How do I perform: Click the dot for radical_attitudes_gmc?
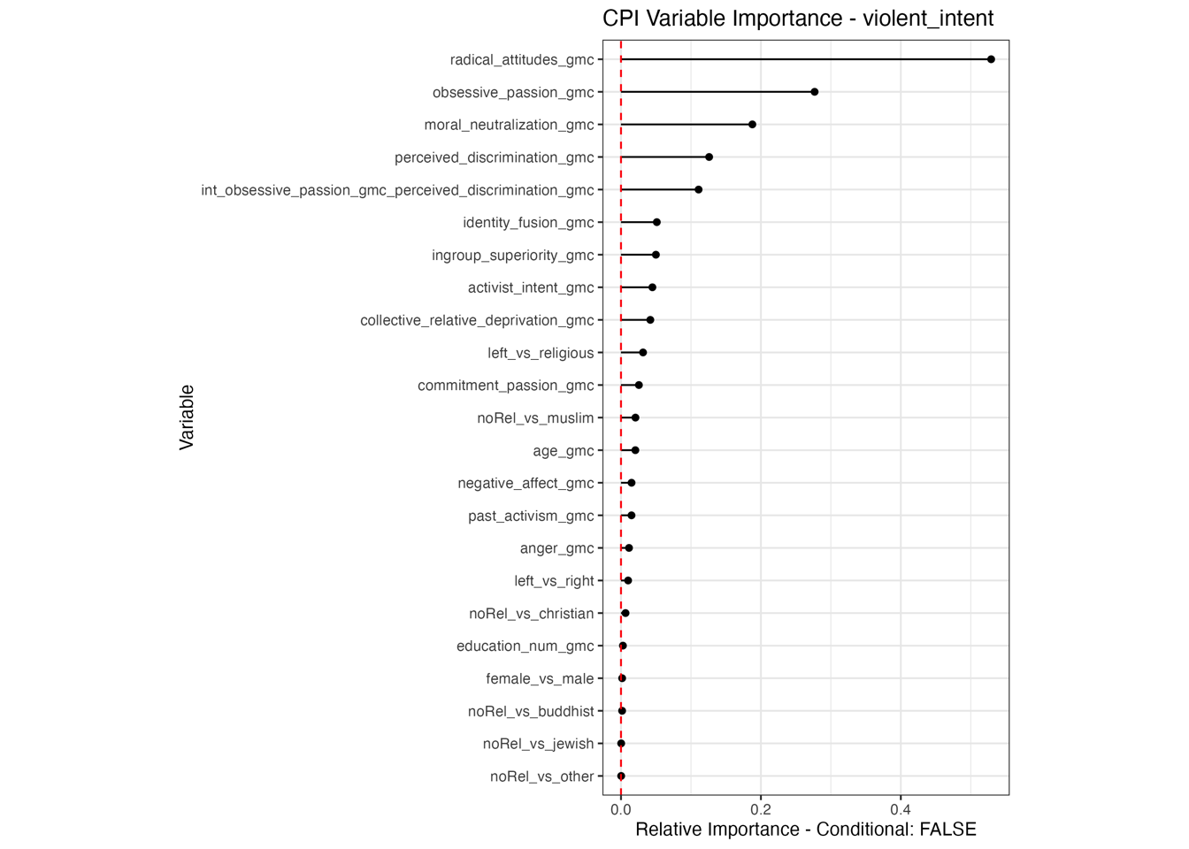pos(991,59)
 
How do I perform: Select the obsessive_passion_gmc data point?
pos(815,92)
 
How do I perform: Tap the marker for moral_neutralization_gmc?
pos(752,125)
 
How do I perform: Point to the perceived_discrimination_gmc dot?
pos(709,157)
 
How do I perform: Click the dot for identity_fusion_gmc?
pos(656,223)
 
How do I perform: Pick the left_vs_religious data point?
pos(643,353)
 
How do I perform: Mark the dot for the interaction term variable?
pos(698,190)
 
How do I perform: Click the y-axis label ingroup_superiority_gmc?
pos(512,256)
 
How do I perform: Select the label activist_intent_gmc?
pos(531,288)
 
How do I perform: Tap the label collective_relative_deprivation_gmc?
pos(477,320)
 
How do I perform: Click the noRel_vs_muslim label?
pos(535,418)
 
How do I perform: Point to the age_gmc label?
pos(563,451)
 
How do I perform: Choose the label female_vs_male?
pos(540,679)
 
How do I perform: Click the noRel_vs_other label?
pos(541,776)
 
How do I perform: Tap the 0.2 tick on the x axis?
pos(761,809)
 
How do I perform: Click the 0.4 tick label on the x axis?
pos(901,809)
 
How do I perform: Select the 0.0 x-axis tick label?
pos(621,809)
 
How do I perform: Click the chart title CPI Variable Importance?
pos(797,19)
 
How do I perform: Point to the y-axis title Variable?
pos(187,417)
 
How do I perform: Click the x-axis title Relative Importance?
pos(805,830)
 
